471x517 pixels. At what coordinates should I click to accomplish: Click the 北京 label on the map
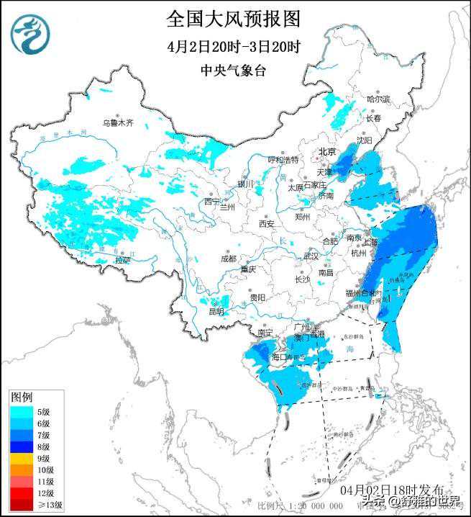point(327,151)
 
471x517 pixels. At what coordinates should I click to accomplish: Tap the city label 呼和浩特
point(283,160)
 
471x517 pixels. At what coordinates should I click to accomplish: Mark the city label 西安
point(267,224)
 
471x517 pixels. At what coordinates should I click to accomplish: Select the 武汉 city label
point(311,256)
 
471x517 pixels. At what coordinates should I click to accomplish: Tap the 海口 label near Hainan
point(280,357)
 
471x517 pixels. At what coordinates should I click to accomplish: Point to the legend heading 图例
point(22,397)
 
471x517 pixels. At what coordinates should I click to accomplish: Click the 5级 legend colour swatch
point(21,411)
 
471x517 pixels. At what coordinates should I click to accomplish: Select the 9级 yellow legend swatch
point(21,458)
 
